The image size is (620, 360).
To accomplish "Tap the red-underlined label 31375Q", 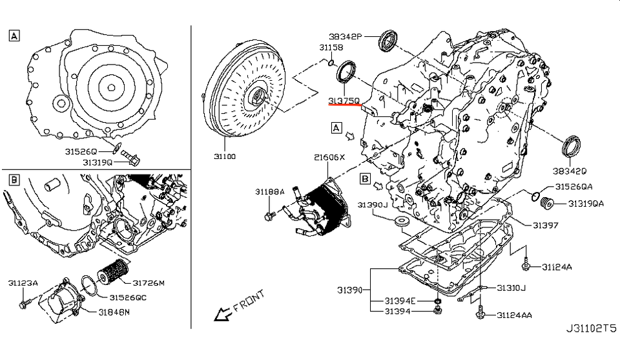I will click(x=344, y=101).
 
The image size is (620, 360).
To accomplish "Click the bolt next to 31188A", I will click(x=270, y=213).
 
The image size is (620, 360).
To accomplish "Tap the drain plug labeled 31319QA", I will click(x=548, y=204).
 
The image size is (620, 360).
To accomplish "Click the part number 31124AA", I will click(x=515, y=315).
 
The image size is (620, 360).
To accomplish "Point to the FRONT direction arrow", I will click(x=224, y=314).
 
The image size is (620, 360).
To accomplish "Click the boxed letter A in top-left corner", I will click(x=14, y=36).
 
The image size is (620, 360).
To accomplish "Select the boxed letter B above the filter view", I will click(x=14, y=178).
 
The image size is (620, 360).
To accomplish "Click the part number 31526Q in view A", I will click(x=81, y=151).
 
